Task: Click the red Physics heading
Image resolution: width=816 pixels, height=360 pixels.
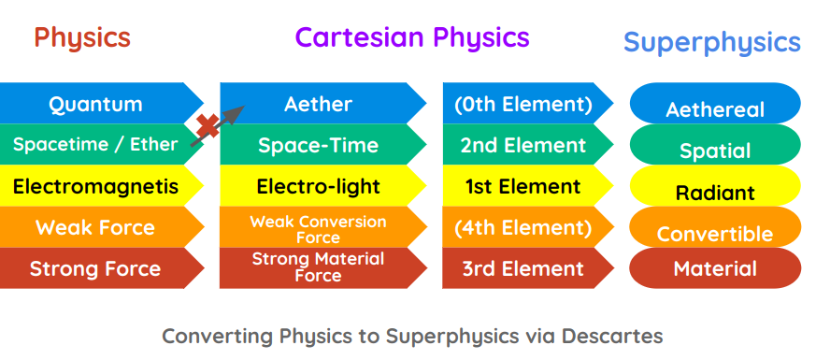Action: click(82, 38)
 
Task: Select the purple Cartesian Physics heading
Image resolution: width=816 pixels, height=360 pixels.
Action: click(412, 37)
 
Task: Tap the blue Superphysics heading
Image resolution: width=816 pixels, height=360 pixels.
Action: click(711, 42)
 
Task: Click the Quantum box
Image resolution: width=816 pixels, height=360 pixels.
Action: click(96, 104)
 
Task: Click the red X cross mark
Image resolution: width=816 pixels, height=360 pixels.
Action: click(208, 127)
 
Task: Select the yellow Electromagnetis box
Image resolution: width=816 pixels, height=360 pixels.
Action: click(96, 186)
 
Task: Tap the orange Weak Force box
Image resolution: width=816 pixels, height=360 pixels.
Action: click(96, 227)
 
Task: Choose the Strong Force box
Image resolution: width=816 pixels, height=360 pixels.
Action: click(96, 269)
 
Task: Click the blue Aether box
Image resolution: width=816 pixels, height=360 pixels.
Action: click(319, 104)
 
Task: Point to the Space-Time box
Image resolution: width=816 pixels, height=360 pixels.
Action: click(319, 145)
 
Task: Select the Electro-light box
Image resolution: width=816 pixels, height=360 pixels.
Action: click(319, 186)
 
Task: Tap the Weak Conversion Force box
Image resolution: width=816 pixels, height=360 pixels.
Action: click(319, 228)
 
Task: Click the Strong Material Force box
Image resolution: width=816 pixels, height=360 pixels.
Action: click(319, 268)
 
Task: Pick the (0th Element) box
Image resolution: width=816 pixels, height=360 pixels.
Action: click(523, 104)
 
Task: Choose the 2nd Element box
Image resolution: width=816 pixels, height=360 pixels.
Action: click(523, 145)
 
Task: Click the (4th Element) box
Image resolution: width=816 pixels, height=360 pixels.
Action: click(523, 227)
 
